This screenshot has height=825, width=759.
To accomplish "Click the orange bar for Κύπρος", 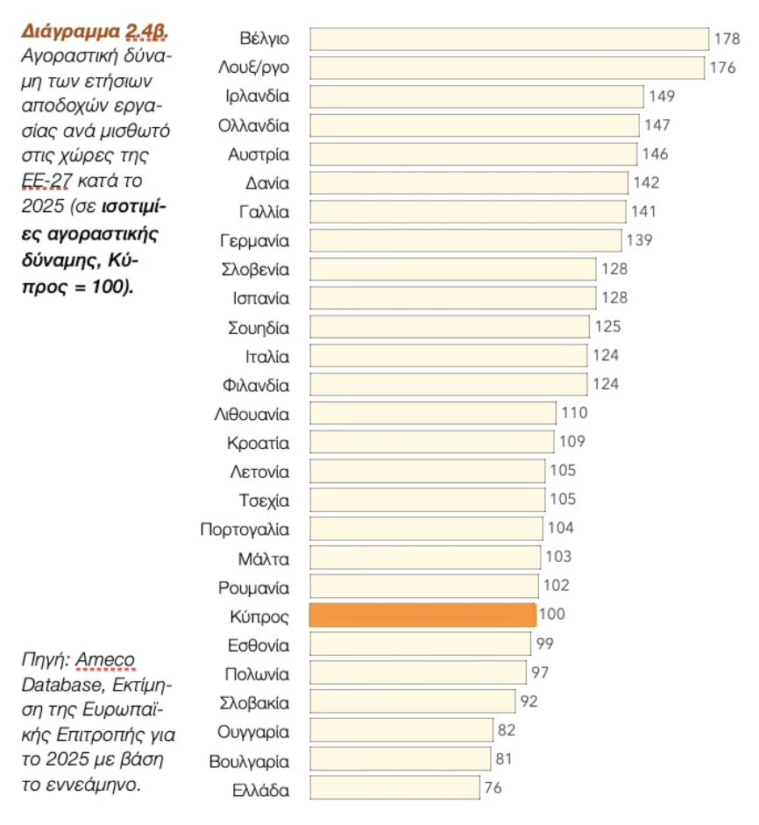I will pyautogui.click(x=422, y=615).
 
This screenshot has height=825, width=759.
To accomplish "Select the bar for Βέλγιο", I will pyautogui.click(x=509, y=39).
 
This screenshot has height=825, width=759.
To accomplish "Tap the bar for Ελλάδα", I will pyautogui.click(x=394, y=788).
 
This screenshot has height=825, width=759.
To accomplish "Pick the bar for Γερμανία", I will pyautogui.click(x=465, y=240).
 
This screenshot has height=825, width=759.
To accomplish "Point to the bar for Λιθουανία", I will pyautogui.click(x=433, y=413).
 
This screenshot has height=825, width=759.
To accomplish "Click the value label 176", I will pyautogui.click(x=723, y=68).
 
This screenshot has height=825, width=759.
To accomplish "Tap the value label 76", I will pyautogui.click(x=493, y=788).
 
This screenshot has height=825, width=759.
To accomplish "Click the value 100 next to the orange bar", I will pyautogui.click(x=552, y=615).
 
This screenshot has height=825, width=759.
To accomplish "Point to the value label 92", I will pyautogui.click(x=528, y=701).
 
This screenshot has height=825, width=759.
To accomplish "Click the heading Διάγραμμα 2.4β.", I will pyautogui.click(x=95, y=32).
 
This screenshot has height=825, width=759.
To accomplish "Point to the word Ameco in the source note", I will pyautogui.click(x=107, y=658).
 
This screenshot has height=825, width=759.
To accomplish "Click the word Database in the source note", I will pyautogui.click(x=56, y=680).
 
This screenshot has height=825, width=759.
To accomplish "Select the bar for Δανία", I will pyautogui.click(x=469, y=183).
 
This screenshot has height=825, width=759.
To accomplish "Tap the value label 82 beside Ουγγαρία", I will pyautogui.click(x=506, y=730).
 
